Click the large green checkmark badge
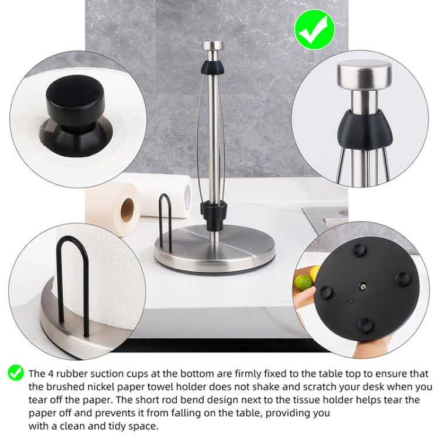point(314,29)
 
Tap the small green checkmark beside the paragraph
point(15,372)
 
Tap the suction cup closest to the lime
point(325,291)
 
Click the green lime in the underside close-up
point(304,282)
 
